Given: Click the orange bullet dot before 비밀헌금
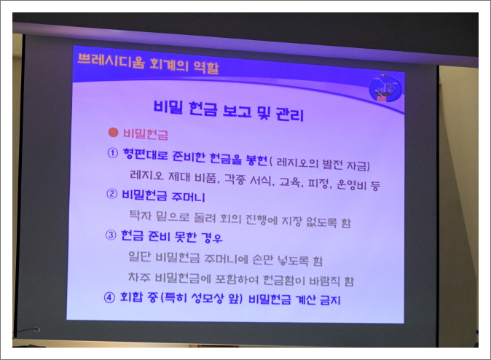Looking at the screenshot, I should [x=113, y=133].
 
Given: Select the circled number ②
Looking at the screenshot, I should [x=112, y=195].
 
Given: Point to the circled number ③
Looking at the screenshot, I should [x=111, y=236].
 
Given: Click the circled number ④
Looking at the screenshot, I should [x=110, y=299].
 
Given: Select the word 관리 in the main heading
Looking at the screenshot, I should [x=286, y=114].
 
